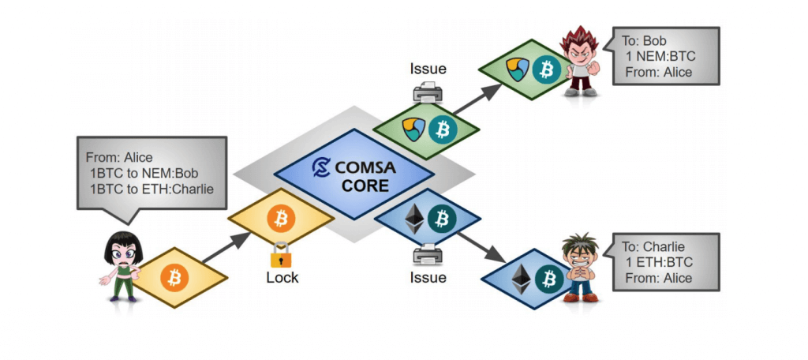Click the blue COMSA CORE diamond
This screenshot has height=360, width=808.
353,174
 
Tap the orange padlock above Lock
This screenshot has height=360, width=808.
281,254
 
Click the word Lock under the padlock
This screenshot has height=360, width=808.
282,278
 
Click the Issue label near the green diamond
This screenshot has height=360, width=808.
428,69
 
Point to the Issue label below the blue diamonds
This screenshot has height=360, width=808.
428,277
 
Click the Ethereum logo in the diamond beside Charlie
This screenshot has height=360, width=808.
522,278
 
